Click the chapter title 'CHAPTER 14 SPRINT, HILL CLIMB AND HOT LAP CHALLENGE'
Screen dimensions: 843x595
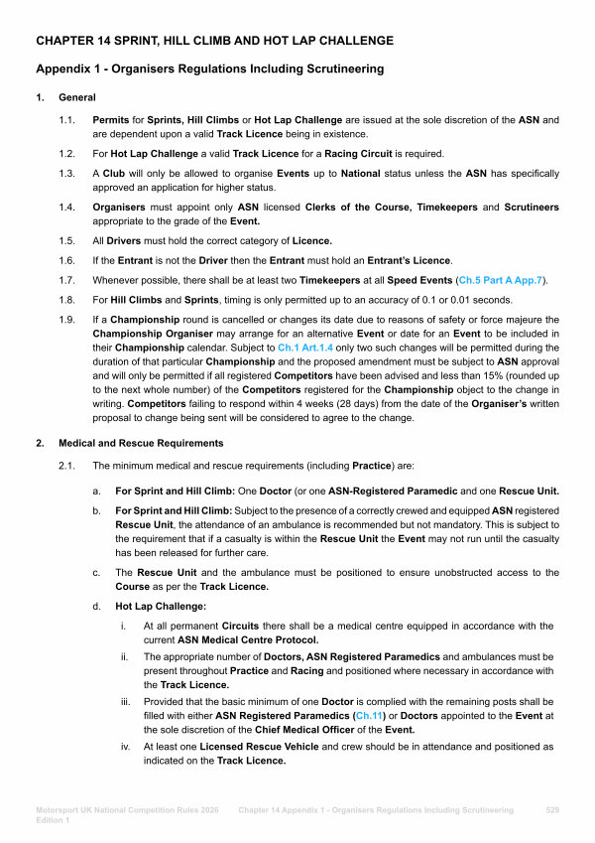214,41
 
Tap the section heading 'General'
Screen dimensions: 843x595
77,97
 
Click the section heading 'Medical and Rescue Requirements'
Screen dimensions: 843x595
141,443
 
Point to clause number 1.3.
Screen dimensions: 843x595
66,174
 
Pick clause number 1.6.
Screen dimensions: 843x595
66,259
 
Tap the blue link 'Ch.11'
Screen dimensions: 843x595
365,715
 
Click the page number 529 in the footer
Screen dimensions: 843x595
553,810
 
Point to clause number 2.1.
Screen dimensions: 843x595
66,465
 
